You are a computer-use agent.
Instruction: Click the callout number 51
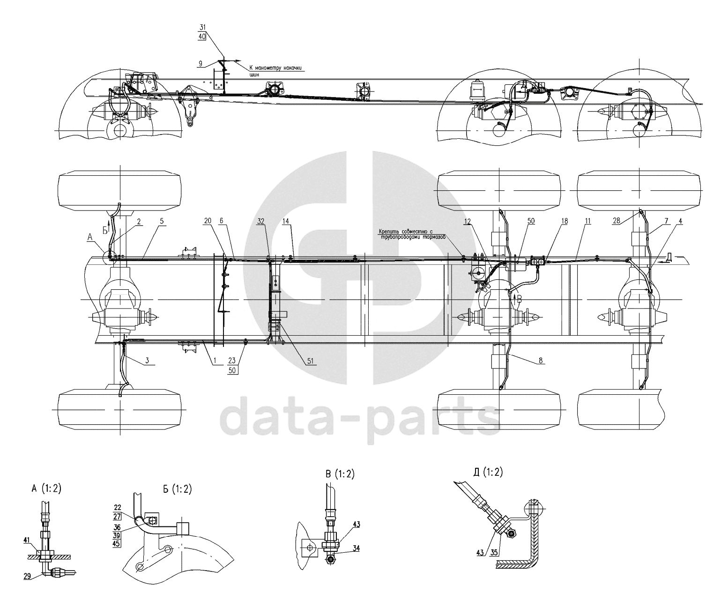coord(311,361)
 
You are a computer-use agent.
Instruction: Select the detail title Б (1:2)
coord(177,489)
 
